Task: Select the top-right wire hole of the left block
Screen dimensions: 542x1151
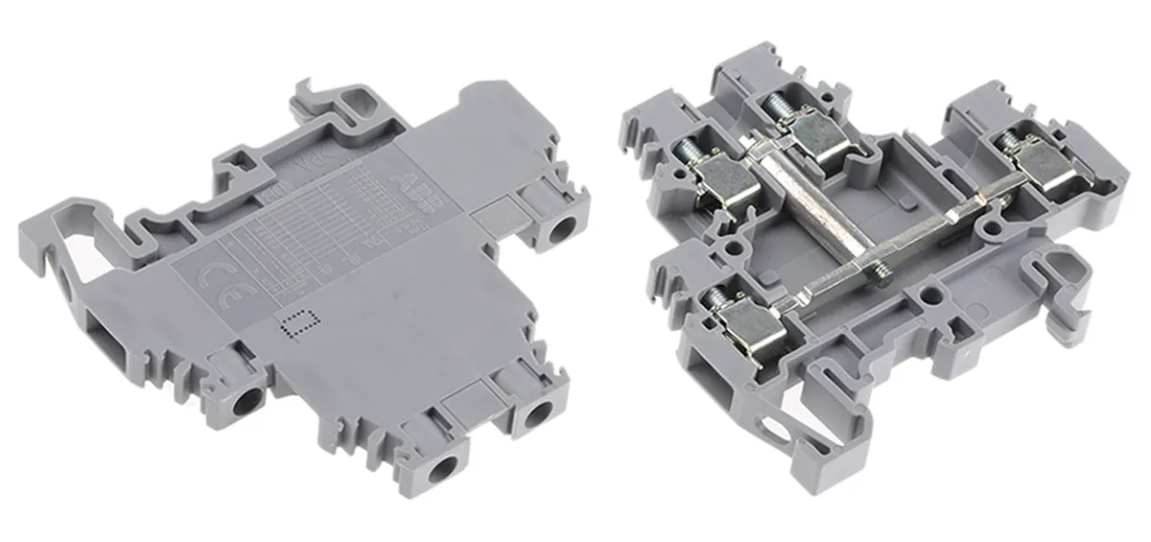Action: point(561,229)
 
